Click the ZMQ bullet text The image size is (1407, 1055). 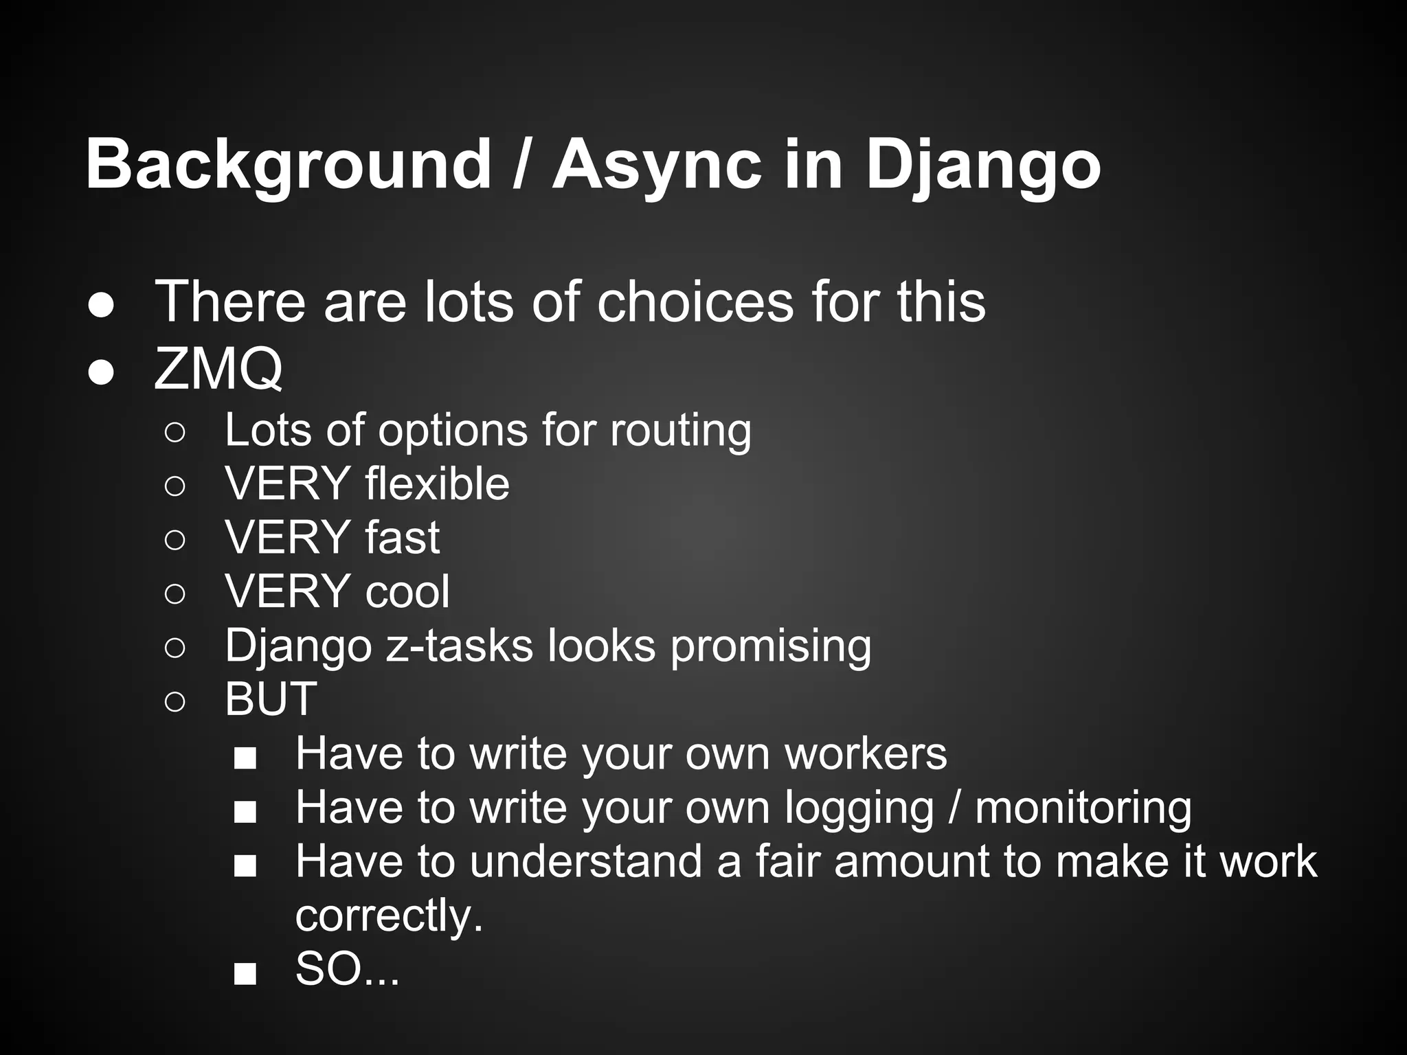(218, 369)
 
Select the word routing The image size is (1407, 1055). (680, 431)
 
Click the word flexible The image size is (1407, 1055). (437, 484)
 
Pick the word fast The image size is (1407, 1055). (402, 537)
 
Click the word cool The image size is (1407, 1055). (407, 591)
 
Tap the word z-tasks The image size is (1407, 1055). (459, 646)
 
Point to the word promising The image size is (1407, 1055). (770, 646)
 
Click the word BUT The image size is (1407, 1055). (271, 699)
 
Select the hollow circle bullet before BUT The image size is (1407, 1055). (175, 701)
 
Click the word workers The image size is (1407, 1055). (866, 753)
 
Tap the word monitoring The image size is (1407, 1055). (1083, 808)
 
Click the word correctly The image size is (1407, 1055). (389, 916)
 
